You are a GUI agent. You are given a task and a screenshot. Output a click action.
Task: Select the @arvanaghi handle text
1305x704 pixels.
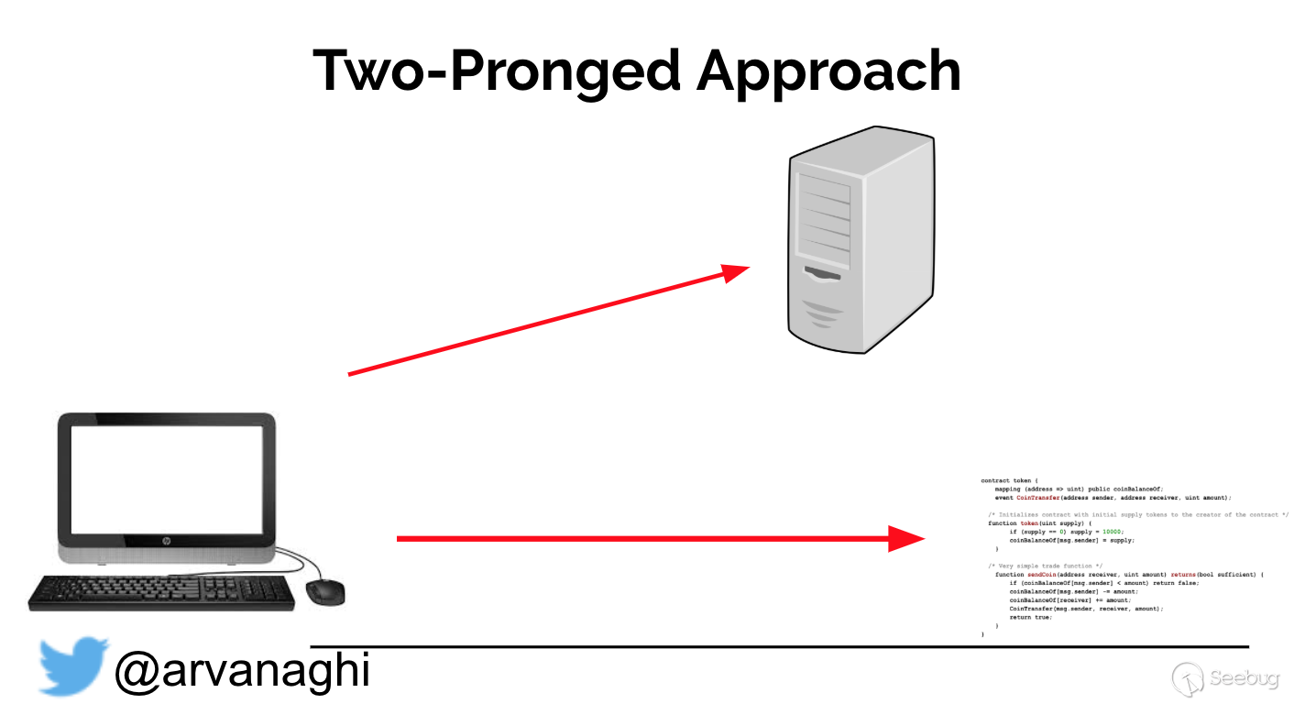coord(242,670)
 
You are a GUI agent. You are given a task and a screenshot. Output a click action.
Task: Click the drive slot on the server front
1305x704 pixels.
coord(822,272)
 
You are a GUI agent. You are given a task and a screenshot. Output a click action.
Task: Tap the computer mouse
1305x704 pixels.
coord(324,591)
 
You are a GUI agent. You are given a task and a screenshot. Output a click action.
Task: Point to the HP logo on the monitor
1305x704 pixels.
coord(167,542)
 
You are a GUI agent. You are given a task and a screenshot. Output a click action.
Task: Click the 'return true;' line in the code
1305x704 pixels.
coord(1030,617)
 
